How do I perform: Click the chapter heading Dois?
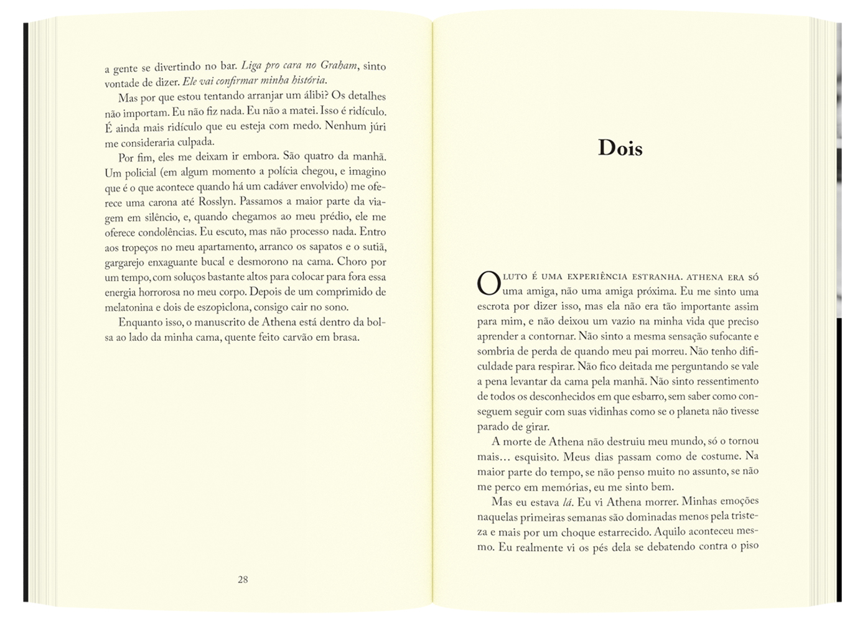click(620, 148)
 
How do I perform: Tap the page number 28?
click(243, 580)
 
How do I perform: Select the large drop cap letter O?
click(489, 284)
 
